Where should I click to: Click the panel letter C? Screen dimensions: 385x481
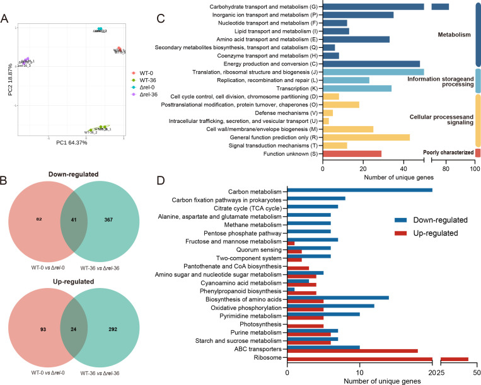(x=160, y=18)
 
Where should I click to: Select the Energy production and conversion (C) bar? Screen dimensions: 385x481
(x=371, y=64)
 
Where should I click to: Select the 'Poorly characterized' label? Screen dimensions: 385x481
(x=448, y=152)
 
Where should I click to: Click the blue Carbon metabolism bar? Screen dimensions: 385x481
(x=359, y=190)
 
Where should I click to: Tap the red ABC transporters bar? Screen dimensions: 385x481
(x=352, y=350)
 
